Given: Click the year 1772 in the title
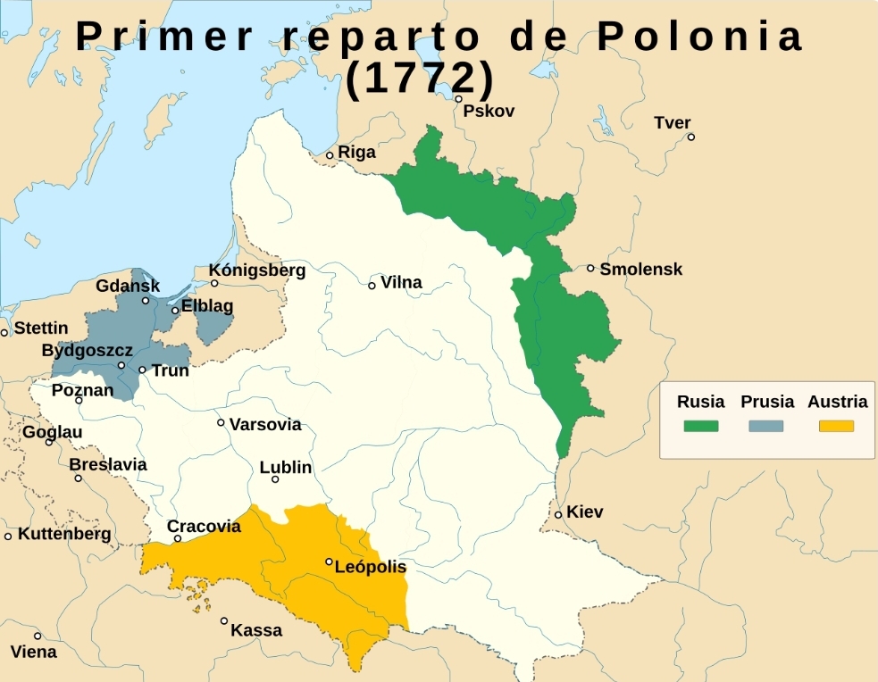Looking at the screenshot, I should click(420, 79).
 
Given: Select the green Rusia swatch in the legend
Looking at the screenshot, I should click(700, 426).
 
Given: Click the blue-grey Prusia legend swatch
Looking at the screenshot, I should click(765, 426).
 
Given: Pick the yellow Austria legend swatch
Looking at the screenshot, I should click(836, 426).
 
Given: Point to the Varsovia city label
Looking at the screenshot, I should click(265, 425).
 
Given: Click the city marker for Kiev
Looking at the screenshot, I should click(558, 514).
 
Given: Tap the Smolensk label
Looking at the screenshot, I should click(640, 269).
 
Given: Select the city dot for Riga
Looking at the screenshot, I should click(330, 155).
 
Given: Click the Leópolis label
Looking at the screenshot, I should click(370, 567).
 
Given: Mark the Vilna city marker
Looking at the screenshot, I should click(372, 286).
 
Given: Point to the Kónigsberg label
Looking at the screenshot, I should click(257, 270).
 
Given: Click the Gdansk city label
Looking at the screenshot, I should click(128, 286).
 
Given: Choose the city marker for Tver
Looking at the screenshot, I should click(690, 137).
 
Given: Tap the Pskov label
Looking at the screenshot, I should click(489, 111).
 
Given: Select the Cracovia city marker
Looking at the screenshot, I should click(178, 538).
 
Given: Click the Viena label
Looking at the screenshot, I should click(33, 652).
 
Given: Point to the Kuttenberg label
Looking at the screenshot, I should click(64, 534).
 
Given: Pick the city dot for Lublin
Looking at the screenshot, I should click(275, 479).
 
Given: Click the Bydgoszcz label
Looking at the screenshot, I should click(87, 351).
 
